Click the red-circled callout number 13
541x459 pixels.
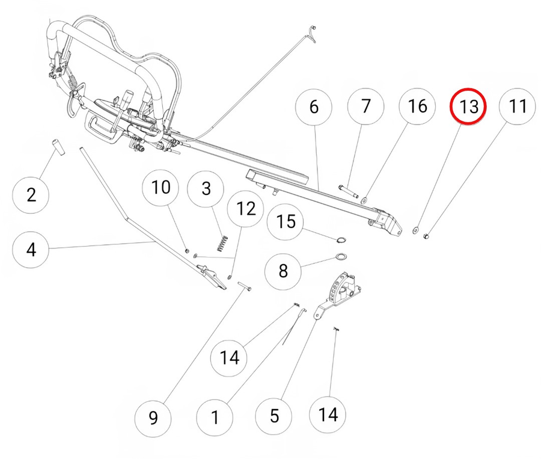(x=468, y=107)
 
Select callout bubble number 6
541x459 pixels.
(x=314, y=107)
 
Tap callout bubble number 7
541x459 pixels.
(x=365, y=107)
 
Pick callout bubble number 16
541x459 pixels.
(x=417, y=107)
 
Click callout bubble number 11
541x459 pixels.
(x=518, y=107)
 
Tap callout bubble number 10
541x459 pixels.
(x=160, y=188)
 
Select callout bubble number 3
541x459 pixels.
(x=206, y=188)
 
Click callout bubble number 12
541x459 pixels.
(x=246, y=209)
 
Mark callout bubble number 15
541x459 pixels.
(x=286, y=222)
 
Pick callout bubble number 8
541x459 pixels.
(x=284, y=270)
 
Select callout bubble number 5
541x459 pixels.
(x=274, y=416)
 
